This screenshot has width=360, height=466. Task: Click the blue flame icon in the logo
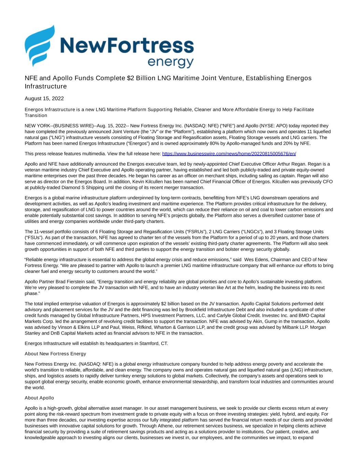[x=40, y=46]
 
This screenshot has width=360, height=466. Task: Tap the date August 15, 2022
[x=44, y=99]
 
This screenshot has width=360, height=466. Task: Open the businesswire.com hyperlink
[x=229, y=154]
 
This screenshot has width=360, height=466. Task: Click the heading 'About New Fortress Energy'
[x=55, y=353]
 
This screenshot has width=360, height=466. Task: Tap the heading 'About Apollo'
[x=39, y=398]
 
